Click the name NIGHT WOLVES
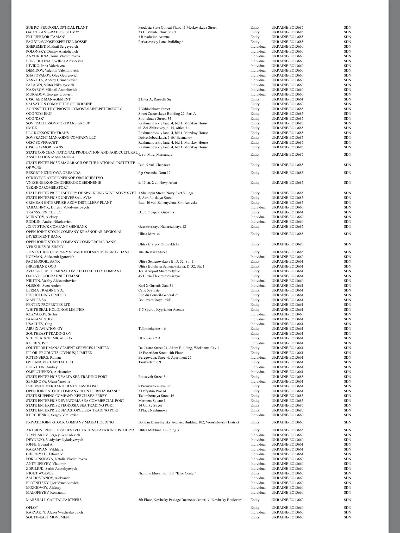pyautogui.click(x=40, y=473)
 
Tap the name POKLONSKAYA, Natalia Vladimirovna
pyautogui.click(x=56, y=459)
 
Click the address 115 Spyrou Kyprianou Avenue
pyautogui.click(x=161, y=309)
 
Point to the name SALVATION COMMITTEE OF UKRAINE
pyautogui.click(x=59, y=104)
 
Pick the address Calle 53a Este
pyautogui.click(x=149, y=290)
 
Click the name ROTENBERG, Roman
pyautogui.click(x=43, y=357)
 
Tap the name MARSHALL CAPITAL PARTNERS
pyautogui.click(x=54, y=500)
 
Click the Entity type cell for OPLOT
pyautogui.click(x=255, y=507)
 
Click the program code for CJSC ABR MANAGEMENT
pyautogui.click(x=287, y=99)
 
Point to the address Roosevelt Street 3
pyautogui.click(x=152, y=377)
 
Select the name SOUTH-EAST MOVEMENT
pyautogui.click(x=48, y=517)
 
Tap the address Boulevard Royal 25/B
pyautogui.click(x=155, y=300)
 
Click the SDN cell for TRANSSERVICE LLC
pyautogui.click(x=347, y=212)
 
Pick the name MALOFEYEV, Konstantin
pyautogui.click(x=46, y=492)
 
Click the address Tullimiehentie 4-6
pyautogui.click(x=152, y=328)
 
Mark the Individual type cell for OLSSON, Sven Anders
pyautogui.click(x=258, y=285)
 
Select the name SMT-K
pyautogui.click(x=32, y=128)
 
